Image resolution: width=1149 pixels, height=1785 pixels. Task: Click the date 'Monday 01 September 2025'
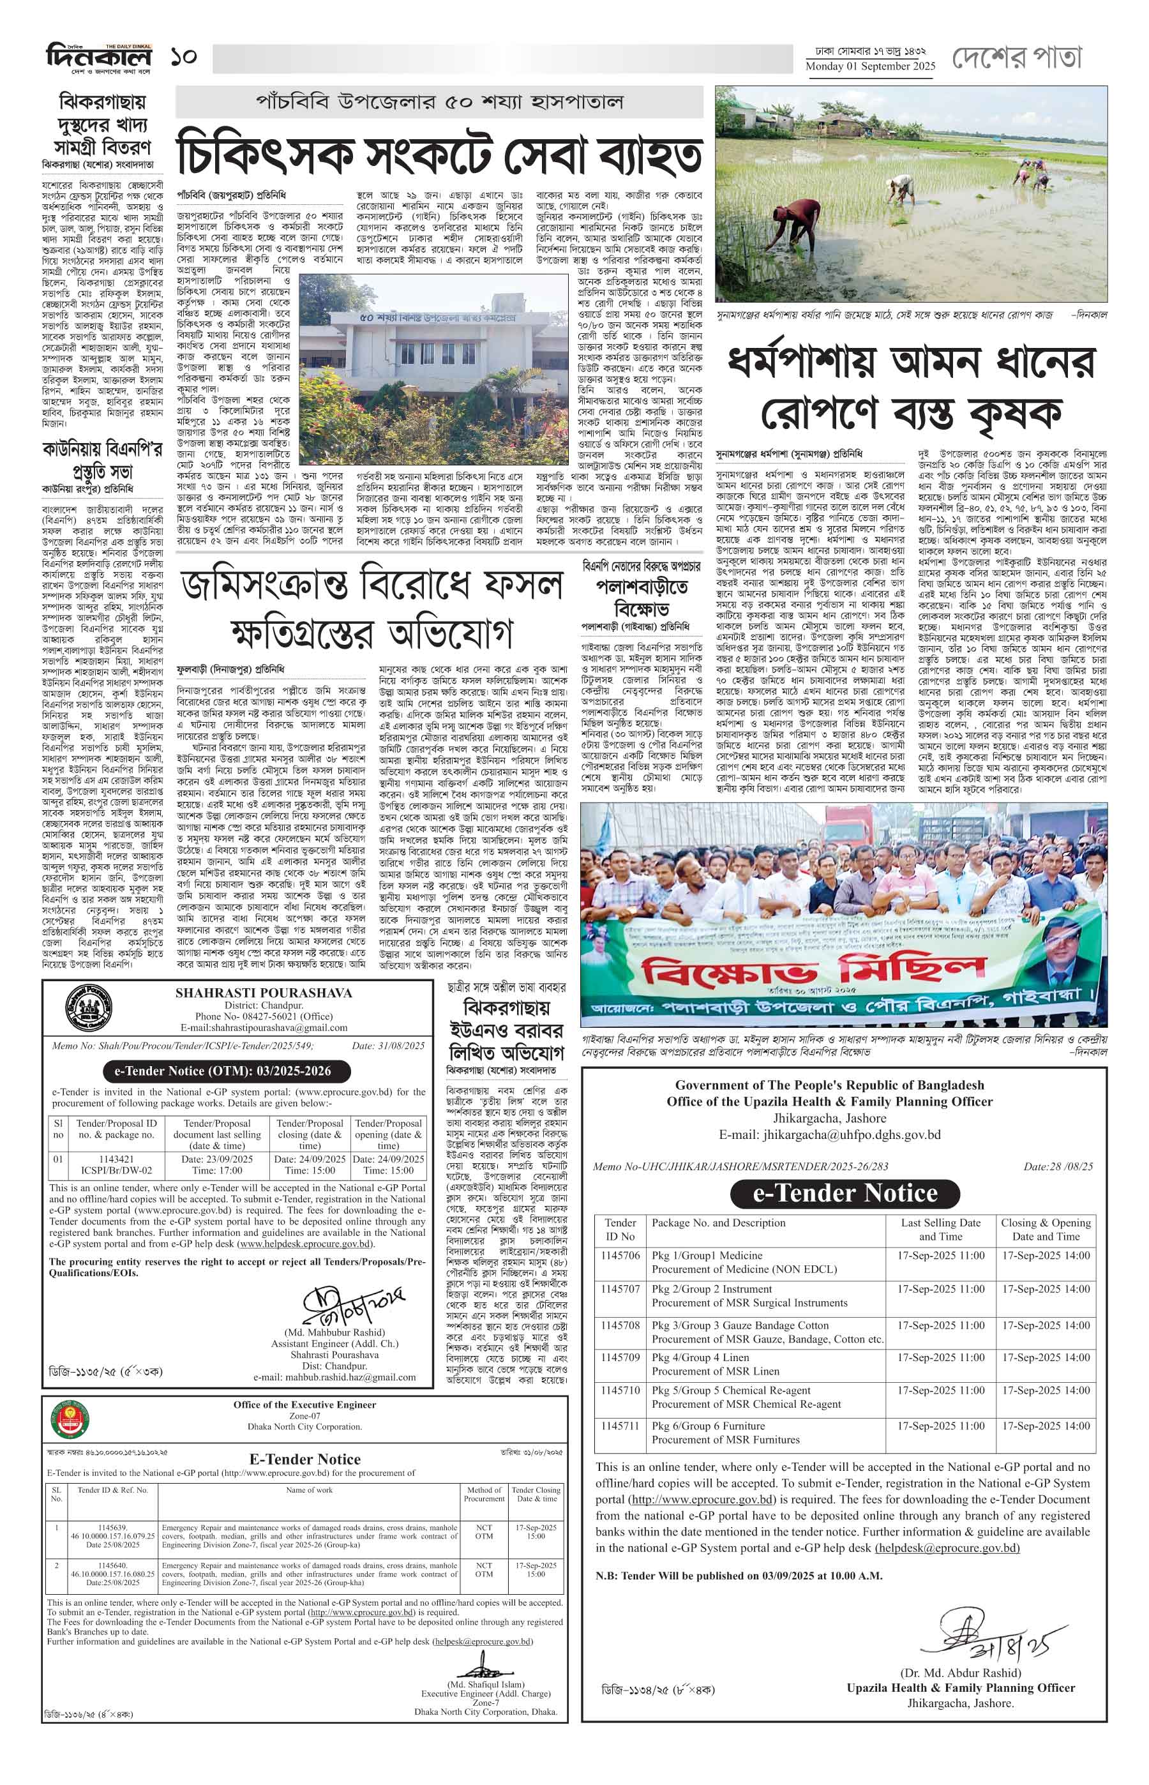pos(870,67)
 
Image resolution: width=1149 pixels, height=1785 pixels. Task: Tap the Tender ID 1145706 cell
pos(620,1255)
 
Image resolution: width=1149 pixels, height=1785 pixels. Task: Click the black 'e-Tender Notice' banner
pos(845,1193)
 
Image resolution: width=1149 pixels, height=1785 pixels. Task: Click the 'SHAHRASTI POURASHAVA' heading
pos(264,993)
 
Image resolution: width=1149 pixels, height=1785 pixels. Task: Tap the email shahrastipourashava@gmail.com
pos(264,1028)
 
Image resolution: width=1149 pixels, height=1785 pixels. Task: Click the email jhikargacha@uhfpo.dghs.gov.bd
pos(830,1135)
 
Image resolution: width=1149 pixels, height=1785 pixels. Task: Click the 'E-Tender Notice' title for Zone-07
pos(304,1459)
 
